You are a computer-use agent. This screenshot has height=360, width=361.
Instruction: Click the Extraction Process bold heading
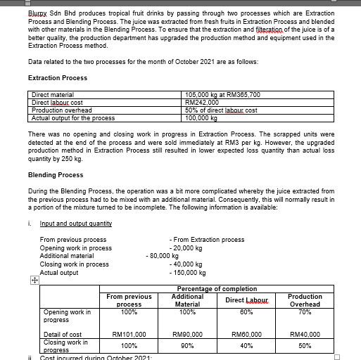[x=57, y=77]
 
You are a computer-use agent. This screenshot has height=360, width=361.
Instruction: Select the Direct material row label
[x=53, y=94]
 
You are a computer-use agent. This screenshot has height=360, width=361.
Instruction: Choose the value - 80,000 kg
[x=162, y=256]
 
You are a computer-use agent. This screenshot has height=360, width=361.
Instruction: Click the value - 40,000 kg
[x=186, y=264]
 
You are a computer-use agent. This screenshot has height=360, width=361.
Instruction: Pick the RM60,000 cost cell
[x=246, y=335]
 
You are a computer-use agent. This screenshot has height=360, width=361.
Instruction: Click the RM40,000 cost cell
[x=305, y=335]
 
